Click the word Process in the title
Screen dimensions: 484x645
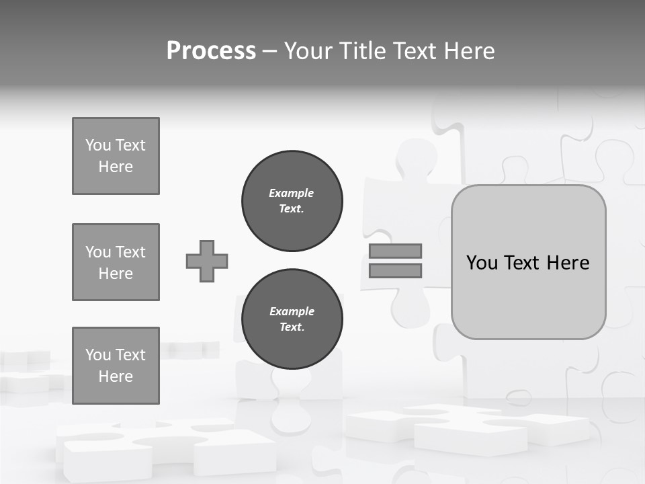point(211,51)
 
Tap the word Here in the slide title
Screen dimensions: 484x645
point(468,51)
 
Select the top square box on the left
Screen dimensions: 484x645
point(116,156)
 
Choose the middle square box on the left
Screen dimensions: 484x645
point(116,262)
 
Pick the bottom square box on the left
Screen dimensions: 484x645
point(116,366)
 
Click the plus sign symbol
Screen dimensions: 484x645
point(207,261)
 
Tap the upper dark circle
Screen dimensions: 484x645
point(292,201)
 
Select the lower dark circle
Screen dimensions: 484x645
point(292,319)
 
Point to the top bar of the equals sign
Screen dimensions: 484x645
point(396,251)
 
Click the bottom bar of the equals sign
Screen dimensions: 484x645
point(396,270)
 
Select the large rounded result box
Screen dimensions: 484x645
point(528,296)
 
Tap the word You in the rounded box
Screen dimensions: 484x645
point(482,263)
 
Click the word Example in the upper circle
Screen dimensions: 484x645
point(292,193)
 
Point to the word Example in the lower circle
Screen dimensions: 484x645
point(292,311)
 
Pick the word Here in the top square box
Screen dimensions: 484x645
point(116,167)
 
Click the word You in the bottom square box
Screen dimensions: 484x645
point(98,355)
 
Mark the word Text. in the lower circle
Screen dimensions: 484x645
point(292,327)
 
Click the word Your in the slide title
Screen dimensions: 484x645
point(309,51)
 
